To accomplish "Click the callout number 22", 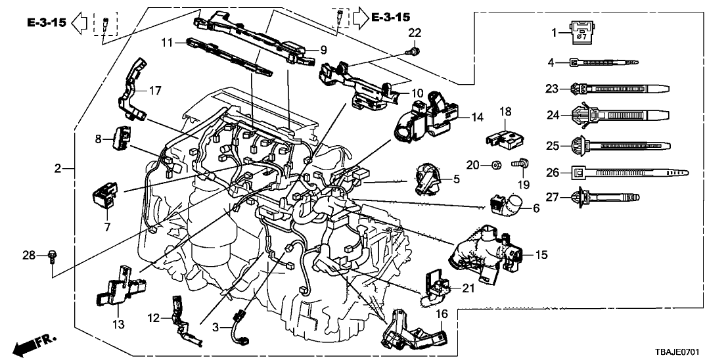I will tap(415, 33).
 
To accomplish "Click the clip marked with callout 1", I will tap(580, 33).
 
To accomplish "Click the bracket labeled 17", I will tap(131, 89).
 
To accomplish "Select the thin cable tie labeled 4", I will tap(604, 62).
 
